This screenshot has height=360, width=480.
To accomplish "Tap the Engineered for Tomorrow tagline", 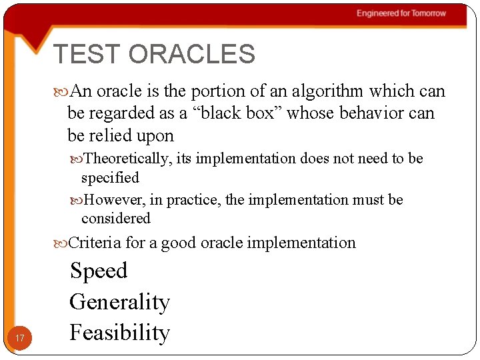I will click(401, 13).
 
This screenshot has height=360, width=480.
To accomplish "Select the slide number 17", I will click(20, 339).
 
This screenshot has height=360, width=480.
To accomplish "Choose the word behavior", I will click(371, 113).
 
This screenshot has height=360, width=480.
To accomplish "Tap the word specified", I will click(110, 178).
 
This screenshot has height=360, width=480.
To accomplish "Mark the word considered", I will click(116, 219).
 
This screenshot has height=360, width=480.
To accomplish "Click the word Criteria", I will click(95, 243).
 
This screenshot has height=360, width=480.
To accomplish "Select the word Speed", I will click(99, 271).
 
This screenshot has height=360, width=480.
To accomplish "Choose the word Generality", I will click(119, 302).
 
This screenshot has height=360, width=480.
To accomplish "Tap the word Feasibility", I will click(119, 332).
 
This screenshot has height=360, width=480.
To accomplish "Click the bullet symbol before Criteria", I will click(61, 243).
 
